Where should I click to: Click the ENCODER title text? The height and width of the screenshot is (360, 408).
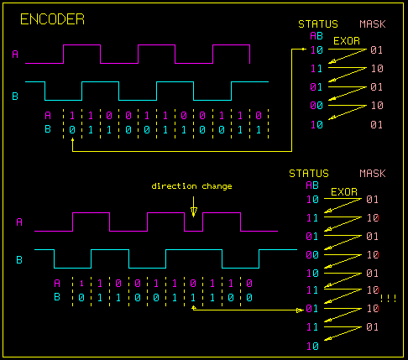tap(51, 19)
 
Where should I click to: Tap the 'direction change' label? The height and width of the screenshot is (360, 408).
tap(192, 185)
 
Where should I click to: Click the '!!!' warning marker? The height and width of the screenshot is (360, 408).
tap(388, 298)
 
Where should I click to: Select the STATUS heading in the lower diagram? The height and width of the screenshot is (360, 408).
tap(308, 174)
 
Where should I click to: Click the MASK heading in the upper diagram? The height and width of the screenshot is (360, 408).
tap(375, 24)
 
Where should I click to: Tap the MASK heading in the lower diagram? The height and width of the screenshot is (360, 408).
tap(372, 174)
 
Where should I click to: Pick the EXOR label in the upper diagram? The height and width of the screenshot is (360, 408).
tap(348, 39)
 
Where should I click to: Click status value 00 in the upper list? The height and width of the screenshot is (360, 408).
tap(316, 106)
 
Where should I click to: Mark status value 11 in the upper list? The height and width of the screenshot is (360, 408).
tap(316, 69)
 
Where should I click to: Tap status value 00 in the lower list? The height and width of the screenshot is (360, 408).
tap(312, 254)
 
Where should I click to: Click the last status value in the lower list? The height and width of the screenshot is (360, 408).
tap(312, 346)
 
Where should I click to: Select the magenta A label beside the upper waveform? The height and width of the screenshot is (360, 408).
tap(15, 55)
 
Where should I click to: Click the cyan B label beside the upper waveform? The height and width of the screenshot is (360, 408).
tap(15, 97)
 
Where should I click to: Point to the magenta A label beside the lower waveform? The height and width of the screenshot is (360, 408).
tap(18, 222)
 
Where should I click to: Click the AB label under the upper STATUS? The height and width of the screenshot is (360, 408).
tap(316, 36)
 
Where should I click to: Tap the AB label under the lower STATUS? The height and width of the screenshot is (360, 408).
tap(311, 185)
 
